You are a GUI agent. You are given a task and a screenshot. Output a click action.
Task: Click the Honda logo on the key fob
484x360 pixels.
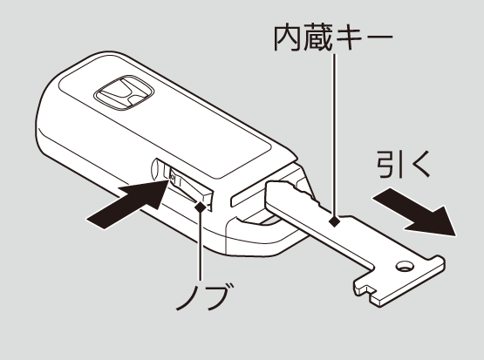click(x=124, y=92)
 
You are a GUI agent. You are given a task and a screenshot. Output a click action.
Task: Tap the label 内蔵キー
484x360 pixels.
click(x=333, y=38)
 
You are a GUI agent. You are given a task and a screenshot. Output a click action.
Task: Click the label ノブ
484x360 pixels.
click(x=204, y=296)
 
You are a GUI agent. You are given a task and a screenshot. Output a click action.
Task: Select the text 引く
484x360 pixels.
click(x=404, y=164)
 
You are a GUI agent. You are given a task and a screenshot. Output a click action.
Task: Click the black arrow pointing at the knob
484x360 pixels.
click(x=128, y=204)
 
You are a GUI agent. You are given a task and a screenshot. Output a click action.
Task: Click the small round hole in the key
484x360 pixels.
click(x=405, y=267)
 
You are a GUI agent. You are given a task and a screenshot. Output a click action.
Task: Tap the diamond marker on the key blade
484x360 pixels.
click(x=334, y=221)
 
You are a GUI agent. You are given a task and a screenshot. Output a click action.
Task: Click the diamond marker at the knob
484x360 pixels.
click(x=201, y=206)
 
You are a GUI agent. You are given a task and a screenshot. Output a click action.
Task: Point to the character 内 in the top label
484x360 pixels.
click(x=288, y=38)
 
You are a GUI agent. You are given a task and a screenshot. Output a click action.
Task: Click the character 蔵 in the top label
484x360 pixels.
click(x=317, y=38)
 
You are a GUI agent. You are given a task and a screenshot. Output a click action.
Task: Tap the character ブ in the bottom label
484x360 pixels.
click(x=220, y=296)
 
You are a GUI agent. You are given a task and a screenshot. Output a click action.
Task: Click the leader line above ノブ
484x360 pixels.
click(x=201, y=245)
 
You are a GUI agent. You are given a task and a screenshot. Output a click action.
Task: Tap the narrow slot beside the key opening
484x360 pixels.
click(x=248, y=197)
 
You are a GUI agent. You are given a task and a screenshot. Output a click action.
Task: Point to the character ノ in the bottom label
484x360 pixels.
click(x=188, y=297)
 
